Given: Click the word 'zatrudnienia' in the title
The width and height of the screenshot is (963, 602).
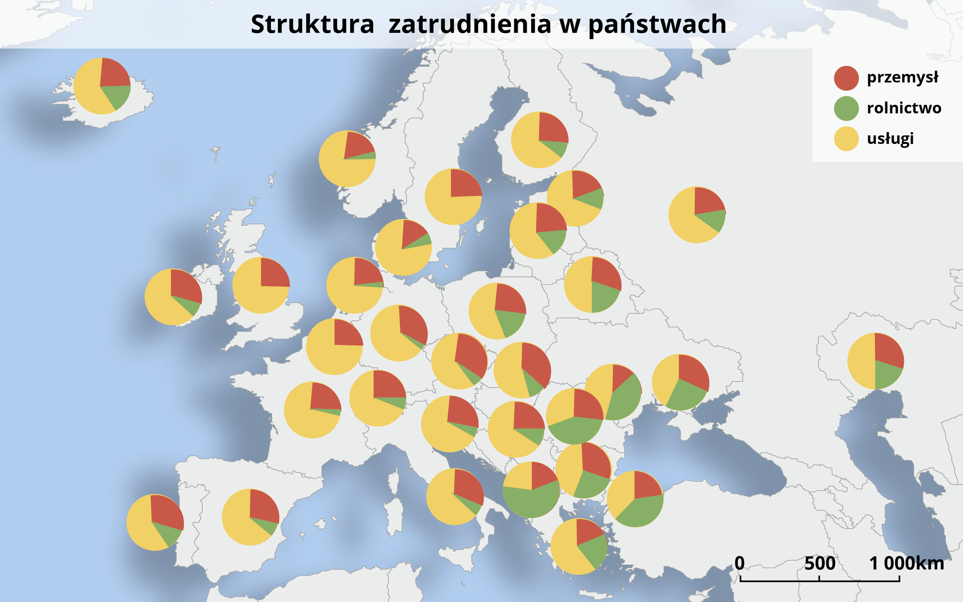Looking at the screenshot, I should (x=469, y=24).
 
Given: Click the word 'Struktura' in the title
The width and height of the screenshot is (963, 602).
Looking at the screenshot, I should (x=312, y=24).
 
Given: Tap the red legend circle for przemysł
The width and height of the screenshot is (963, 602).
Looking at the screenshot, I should (x=846, y=78).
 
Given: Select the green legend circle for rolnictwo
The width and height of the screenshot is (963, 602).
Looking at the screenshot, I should (x=846, y=108).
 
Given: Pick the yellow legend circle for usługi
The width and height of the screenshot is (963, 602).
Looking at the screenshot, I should (x=846, y=138).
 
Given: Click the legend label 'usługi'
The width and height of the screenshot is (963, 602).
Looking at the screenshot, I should (x=890, y=138).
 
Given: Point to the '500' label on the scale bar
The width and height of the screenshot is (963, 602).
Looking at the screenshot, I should (x=820, y=563).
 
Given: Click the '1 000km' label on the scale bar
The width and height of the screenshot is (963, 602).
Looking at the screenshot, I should (x=906, y=563).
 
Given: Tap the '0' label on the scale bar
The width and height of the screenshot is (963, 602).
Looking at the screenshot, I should (x=740, y=563).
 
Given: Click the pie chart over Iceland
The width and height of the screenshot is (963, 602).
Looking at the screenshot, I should (x=102, y=86).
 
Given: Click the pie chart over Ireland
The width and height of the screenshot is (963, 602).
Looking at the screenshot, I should (x=173, y=297).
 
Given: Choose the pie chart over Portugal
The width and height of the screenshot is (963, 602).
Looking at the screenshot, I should (x=155, y=522).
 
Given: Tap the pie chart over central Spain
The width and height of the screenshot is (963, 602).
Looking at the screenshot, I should (x=250, y=517).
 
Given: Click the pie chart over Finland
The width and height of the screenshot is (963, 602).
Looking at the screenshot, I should (x=540, y=140).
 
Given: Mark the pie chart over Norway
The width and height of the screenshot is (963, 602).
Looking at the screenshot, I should (x=347, y=159).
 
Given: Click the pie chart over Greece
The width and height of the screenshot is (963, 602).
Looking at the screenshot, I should (x=579, y=546).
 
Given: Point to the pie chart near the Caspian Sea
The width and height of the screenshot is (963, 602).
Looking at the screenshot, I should (x=875, y=361).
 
